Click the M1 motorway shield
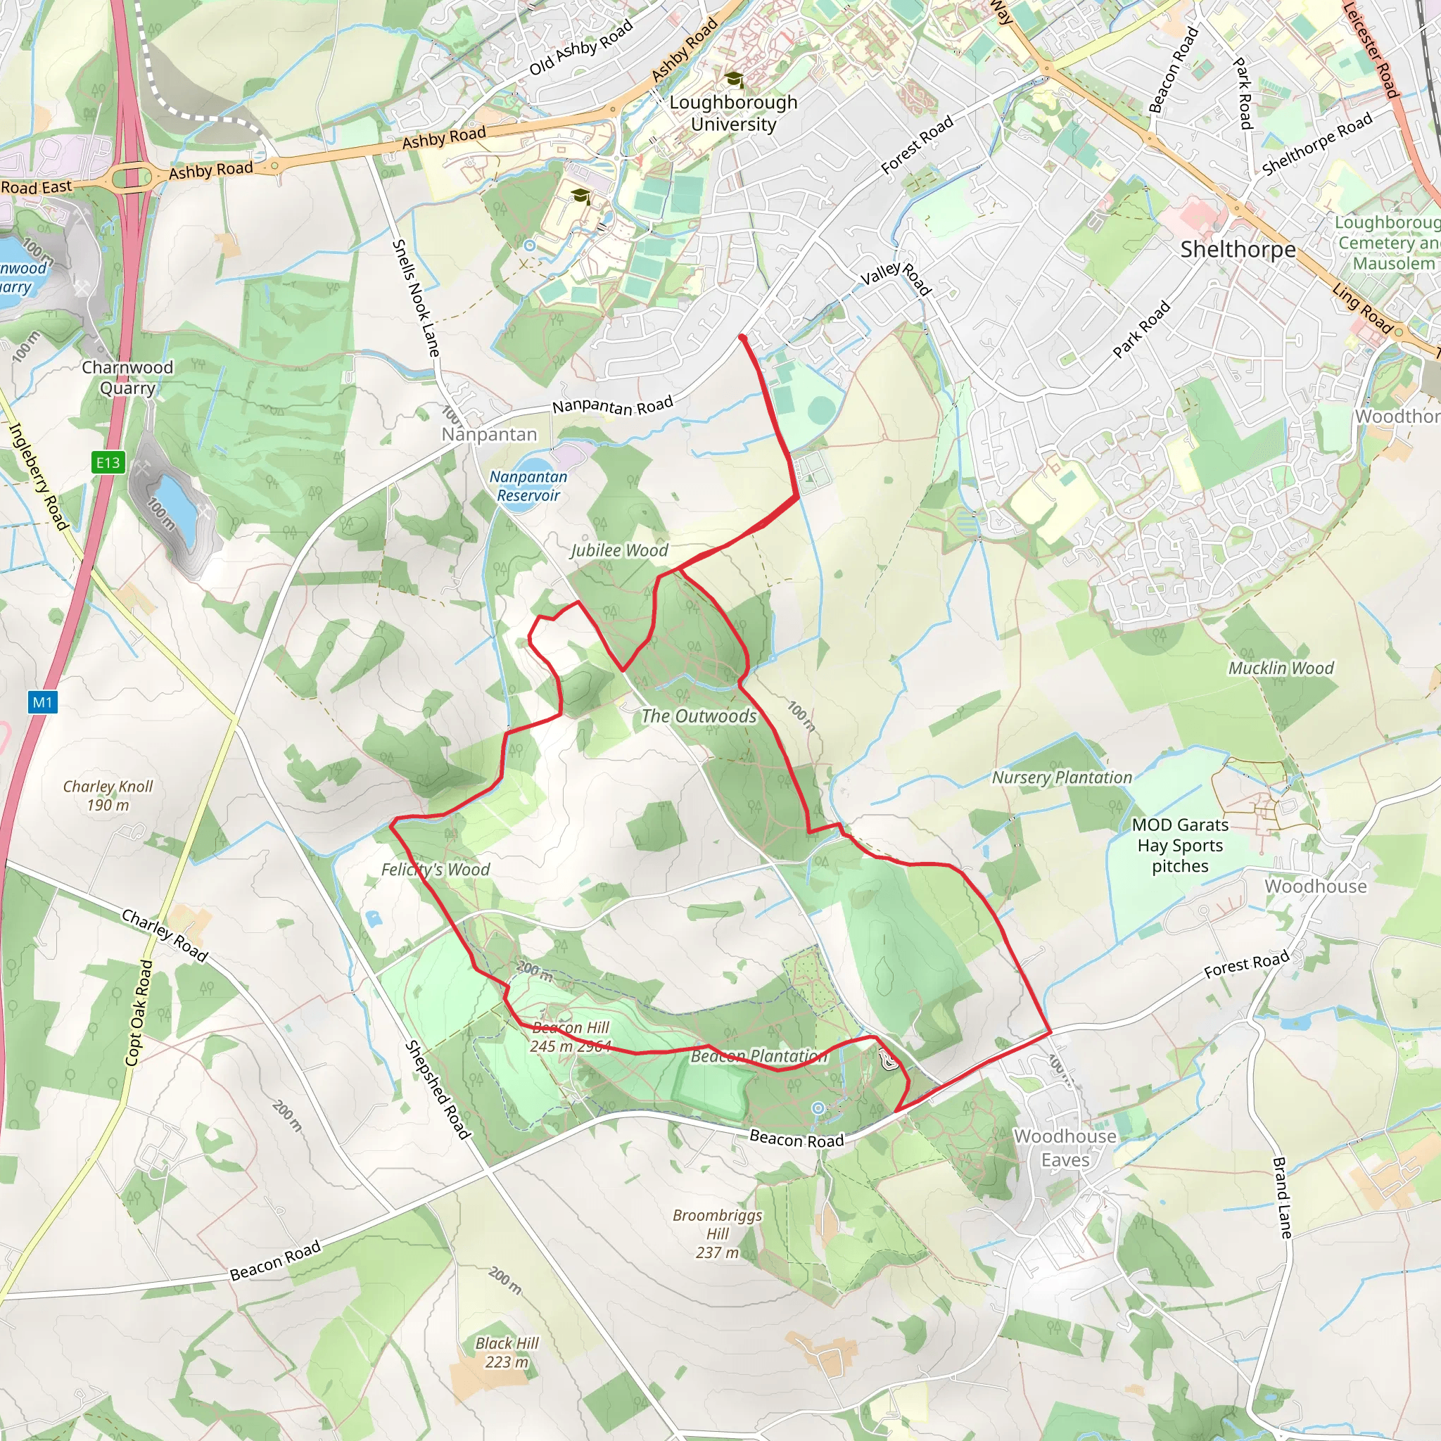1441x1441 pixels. pos(42,702)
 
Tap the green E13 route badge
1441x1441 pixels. pos(108,462)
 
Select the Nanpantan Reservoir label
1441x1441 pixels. pos(528,485)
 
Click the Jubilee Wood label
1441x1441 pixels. pos(619,550)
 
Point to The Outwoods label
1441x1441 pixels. pos(699,716)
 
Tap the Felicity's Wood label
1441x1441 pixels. pos(436,870)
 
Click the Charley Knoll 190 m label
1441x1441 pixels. pos(108,795)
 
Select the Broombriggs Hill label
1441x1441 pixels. pos(717,1233)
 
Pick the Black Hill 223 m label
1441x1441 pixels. pos(507,1352)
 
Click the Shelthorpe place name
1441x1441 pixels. pos(1238,250)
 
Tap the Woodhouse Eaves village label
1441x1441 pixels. pos(1065,1148)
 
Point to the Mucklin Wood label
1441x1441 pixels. pos(1281,668)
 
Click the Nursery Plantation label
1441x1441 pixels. pos(1061,778)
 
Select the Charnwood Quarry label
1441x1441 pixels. pos(127,377)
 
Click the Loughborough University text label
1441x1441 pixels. pos(733,113)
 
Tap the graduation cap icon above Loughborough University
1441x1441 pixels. pos(734,78)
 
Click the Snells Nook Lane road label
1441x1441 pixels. pos(415,298)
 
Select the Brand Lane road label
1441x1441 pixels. pos(1281,1197)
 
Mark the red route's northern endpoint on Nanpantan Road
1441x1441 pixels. pos(742,338)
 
